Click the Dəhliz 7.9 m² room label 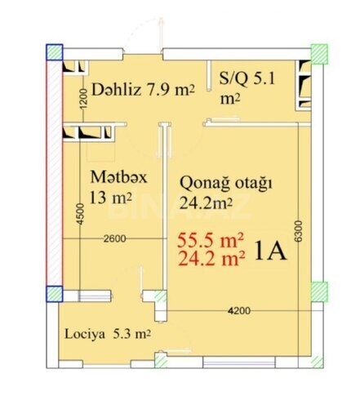142,89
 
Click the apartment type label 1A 270,251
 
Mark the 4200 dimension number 238,311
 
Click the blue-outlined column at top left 53,51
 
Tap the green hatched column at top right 318,51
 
